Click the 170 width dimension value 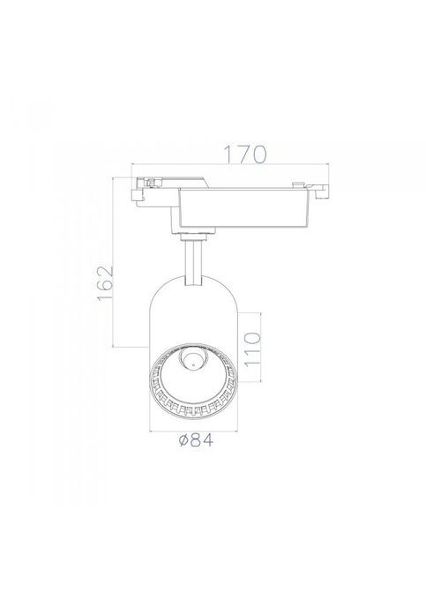click(x=245, y=154)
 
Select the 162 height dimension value click(x=106, y=283)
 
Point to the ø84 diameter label click(x=196, y=440)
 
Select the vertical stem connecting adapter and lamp click(x=193, y=262)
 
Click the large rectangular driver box click(x=246, y=207)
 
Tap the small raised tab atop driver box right click(x=298, y=184)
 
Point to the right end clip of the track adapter click(x=320, y=190)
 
